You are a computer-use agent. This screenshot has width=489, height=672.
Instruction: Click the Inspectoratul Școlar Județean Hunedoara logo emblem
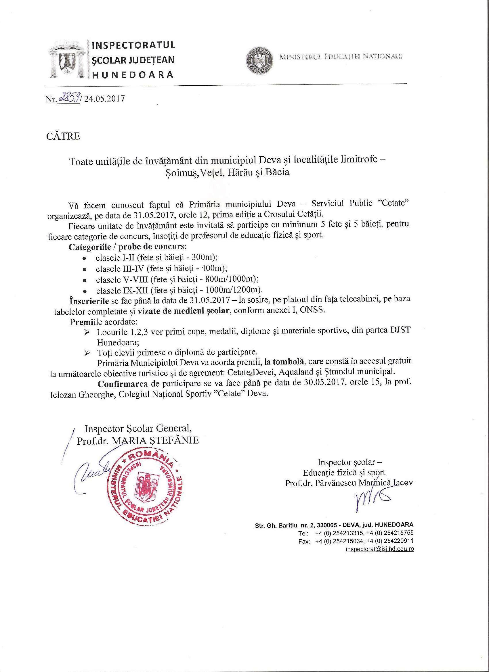click(x=68, y=61)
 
